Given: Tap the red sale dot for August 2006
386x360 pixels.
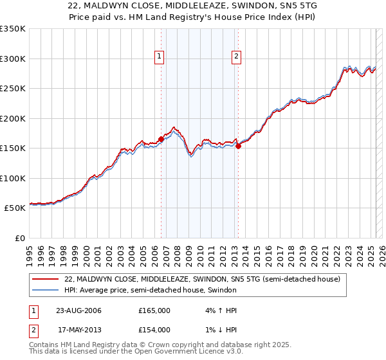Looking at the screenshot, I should click(x=161, y=139).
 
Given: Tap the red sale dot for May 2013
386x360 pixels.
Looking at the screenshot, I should click(x=238, y=146).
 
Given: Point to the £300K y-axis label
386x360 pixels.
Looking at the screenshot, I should click(x=12, y=59).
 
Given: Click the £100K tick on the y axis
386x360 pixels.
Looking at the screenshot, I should click(x=12, y=178).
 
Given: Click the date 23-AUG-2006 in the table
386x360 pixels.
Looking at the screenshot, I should click(x=78, y=310).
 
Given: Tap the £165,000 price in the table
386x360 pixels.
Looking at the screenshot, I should click(x=154, y=310).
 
